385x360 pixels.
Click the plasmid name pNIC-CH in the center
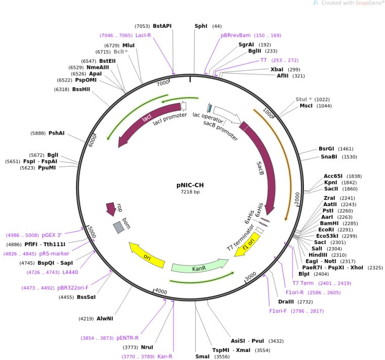[x=190, y=185]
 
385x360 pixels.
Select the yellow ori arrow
[x=147, y=255]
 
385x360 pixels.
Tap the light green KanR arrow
[x=200, y=265]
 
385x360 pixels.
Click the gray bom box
[x=119, y=227]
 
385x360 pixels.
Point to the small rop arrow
[x=111, y=209]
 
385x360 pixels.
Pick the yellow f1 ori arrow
[x=247, y=245]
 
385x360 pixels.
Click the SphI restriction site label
[x=201, y=26]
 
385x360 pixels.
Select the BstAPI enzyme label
[x=162, y=26]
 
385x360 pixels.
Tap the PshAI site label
[x=56, y=133]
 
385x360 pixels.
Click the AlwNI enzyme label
[x=105, y=318]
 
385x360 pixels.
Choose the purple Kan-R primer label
[x=165, y=356]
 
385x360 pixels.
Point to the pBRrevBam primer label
[x=236, y=35]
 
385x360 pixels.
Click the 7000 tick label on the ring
[x=163, y=83]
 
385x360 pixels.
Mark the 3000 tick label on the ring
[x=251, y=276]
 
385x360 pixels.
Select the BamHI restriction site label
[x=329, y=223]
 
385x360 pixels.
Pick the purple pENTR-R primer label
[x=128, y=338]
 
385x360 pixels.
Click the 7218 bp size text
[x=190, y=192]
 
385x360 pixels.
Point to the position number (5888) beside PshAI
[x=38, y=133]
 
